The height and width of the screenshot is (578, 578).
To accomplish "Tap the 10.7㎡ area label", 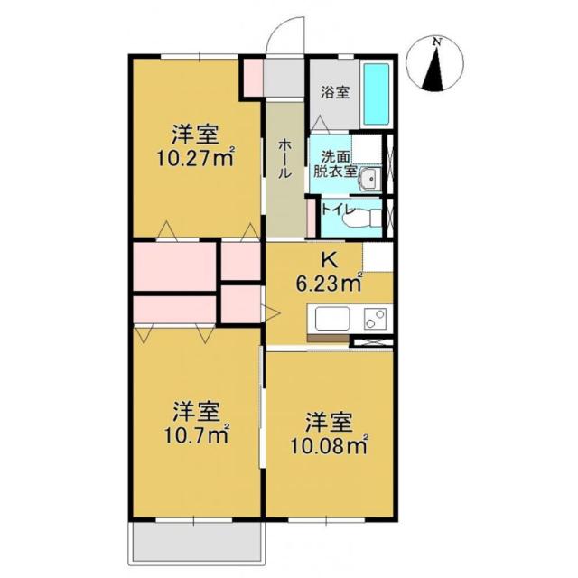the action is (197, 436).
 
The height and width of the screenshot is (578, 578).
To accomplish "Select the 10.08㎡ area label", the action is (330, 447).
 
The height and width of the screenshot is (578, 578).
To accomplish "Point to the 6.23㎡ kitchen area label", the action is (329, 284).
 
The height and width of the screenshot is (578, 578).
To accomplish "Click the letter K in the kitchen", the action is (330, 261).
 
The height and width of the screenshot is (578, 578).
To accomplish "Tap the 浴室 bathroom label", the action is (335, 92).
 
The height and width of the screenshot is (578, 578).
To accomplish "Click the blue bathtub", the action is (377, 95).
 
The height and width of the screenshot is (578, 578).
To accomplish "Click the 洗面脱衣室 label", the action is (335, 164).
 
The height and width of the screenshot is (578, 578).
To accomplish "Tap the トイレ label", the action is (338, 210).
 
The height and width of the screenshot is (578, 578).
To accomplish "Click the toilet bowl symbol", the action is (361, 218).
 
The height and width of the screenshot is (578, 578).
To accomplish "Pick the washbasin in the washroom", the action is (369, 179).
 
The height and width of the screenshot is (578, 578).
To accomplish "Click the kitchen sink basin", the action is (332, 319).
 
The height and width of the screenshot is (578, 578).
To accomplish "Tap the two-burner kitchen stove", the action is (376, 319).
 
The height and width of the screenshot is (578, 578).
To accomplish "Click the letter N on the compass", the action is (437, 42).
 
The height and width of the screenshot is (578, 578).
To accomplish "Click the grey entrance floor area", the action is (284, 78).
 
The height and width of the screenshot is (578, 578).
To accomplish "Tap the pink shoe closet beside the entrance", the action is (254, 77).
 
